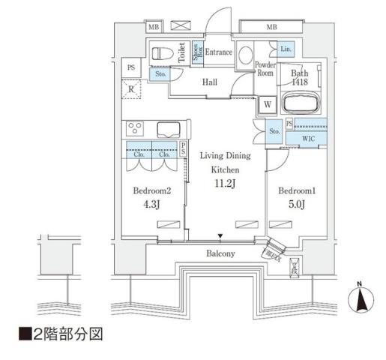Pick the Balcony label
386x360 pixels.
220,253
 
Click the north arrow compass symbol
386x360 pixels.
361,300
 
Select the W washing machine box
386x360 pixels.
268,104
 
